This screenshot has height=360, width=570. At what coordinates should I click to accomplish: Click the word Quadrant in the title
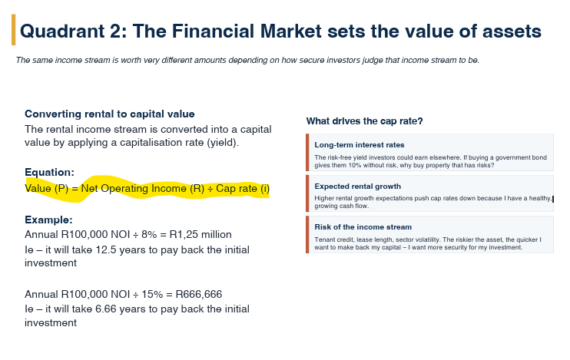tap(62, 31)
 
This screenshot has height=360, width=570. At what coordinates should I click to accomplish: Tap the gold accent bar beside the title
tap(14, 30)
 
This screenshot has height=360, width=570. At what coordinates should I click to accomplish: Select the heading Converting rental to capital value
tap(109, 114)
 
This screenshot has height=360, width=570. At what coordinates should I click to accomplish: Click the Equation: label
tap(49, 172)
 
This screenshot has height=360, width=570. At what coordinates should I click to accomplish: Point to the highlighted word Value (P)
tap(47, 189)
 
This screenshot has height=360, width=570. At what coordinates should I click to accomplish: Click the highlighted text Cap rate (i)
tap(243, 189)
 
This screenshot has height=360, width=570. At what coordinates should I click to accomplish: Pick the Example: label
tap(48, 220)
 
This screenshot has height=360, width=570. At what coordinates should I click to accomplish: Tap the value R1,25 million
tap(200, 235)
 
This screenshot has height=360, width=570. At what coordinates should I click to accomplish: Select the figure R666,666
tap(198, 294)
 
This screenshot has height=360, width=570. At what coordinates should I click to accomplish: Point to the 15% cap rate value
tap(152, 294)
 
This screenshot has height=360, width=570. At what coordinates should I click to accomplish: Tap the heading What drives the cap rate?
tap(364, 121)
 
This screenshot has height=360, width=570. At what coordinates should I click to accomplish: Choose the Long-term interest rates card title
tap(360, 145)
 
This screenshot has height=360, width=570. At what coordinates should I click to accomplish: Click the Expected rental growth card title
tap(358, 187)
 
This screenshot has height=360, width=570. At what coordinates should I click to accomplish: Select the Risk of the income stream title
tap(363, 227)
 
